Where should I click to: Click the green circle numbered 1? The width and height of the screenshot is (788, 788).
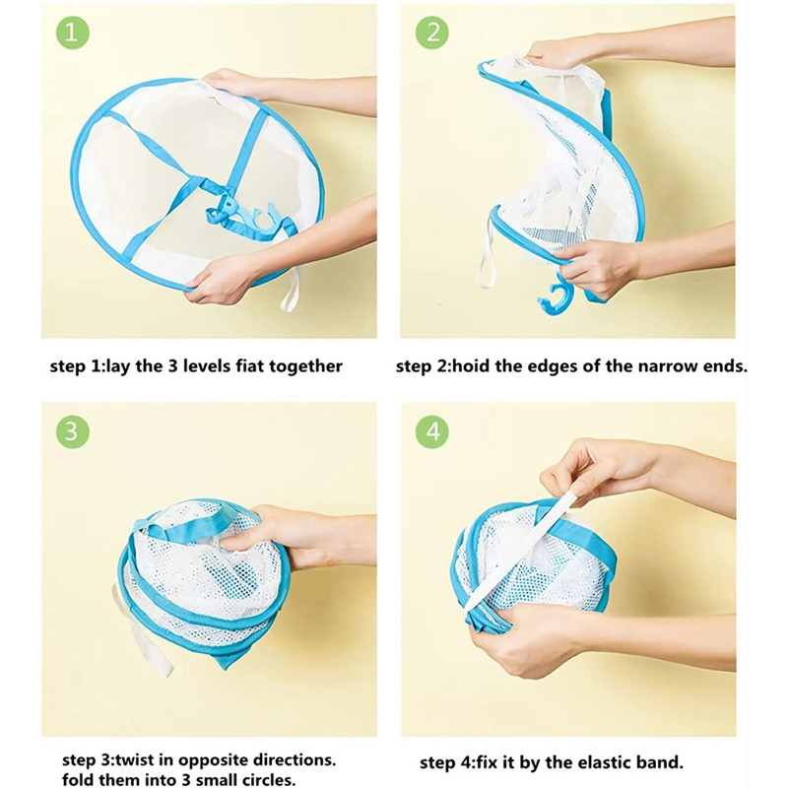click(x=72, y=33)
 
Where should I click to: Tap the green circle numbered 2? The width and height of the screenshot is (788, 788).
click(x=432, y=33)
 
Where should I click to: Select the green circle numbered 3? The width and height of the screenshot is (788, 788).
click(x=72, y=431)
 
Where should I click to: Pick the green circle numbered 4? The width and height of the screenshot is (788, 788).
click(x=432, y=431)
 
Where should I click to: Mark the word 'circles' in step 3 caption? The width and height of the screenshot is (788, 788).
click(x=263, y=779)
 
